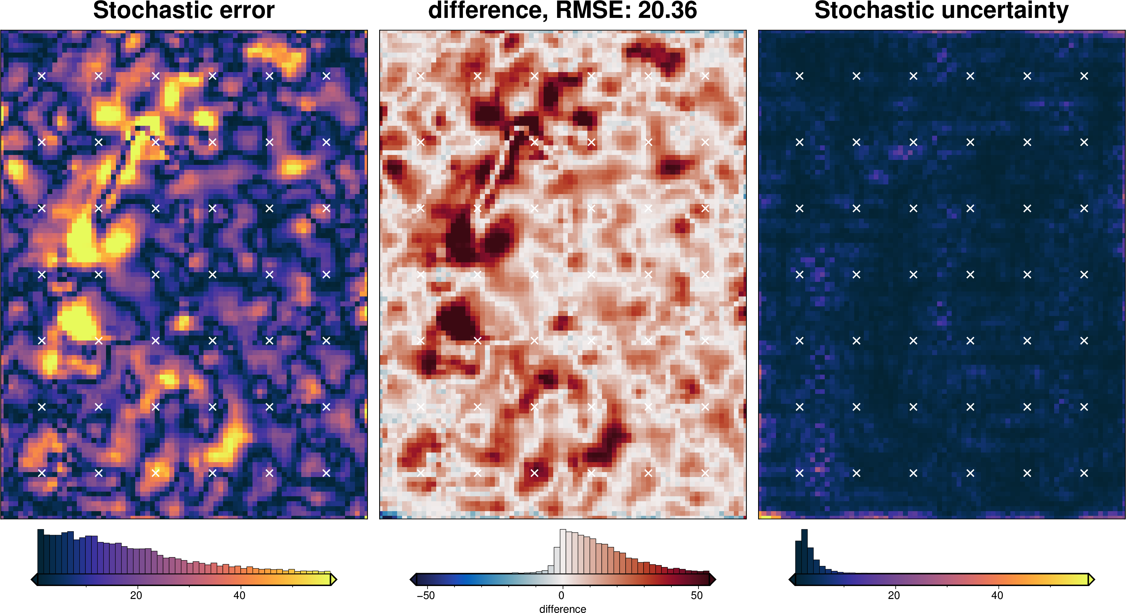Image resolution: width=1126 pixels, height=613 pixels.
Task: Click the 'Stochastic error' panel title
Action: click(184, 10)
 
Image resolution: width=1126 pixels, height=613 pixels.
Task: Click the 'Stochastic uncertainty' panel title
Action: click(941, 10)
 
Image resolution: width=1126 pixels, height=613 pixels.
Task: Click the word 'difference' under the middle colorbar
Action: click(563, 609)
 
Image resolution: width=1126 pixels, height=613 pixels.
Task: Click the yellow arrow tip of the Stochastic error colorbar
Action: click(333, 580)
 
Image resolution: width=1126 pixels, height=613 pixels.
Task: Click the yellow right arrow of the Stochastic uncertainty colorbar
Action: click(1091, 580)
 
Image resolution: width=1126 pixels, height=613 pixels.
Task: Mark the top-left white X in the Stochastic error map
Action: click(42, 76)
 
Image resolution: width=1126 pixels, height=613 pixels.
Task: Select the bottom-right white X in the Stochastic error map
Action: click(326, 473)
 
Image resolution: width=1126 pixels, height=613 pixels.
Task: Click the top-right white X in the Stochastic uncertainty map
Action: click(1084, 76)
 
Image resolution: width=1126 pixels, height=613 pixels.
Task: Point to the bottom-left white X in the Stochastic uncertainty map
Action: click(799, 473)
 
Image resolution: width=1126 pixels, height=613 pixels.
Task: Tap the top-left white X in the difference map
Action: click(420, 76)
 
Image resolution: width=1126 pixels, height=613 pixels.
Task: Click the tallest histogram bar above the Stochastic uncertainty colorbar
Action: click(804, 551)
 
